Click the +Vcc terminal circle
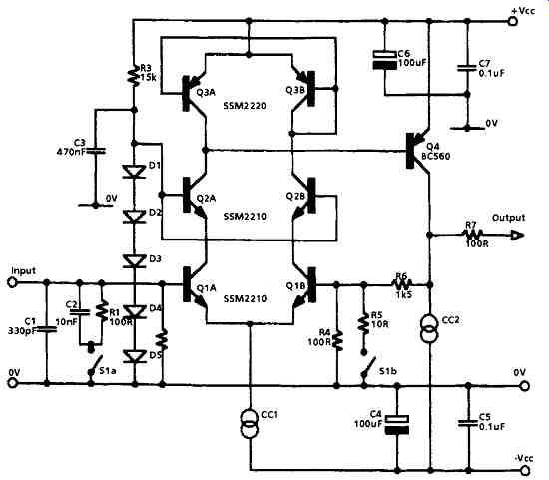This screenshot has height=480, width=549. [x=513, y=21]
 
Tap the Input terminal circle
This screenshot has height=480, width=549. [x=12, y=282]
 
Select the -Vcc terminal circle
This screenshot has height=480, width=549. [x=524, y=470]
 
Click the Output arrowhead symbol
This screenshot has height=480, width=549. [x=517, y=236]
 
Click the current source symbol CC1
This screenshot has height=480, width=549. [x=250, y=424]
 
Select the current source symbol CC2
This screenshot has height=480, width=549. [x=430, y=328]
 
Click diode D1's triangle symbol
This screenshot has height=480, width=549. [x=134, y=172]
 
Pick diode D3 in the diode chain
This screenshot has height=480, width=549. [x=134, y=260]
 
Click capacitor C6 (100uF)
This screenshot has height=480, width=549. [x=384, y=60]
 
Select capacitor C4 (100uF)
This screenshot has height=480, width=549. [x=397, y=425]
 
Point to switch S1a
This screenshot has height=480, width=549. [x=96, y=366]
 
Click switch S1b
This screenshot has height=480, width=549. [x=369, y=368]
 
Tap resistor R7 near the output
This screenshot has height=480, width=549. [x=473, y=235]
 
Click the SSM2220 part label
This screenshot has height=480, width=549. [x=245, y=105]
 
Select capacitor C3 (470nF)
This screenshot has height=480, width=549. [x=95, y=151]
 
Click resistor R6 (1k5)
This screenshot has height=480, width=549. [x=402, y=284]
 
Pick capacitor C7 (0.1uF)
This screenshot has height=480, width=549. [x=467, y=68]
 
